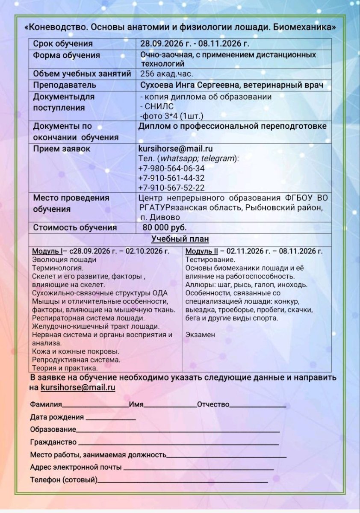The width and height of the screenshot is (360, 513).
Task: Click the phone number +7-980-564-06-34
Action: [x=171, y=168]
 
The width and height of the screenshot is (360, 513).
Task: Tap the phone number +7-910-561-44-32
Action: [x=171, y=178]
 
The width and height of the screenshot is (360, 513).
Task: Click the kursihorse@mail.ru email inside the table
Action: [x=176, y=149]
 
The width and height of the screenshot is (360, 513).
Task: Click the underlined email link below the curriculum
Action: [x=78, y=388]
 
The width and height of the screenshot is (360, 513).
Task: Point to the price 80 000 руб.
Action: [x=165, y=228]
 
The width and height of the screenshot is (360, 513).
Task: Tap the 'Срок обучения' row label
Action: [x=63, y=44]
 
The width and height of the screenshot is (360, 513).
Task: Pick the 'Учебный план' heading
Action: [x=180, y=239]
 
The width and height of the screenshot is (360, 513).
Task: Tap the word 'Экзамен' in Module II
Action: [x=201, y=335]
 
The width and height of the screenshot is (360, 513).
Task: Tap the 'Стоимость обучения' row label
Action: [x=75, y=228]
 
